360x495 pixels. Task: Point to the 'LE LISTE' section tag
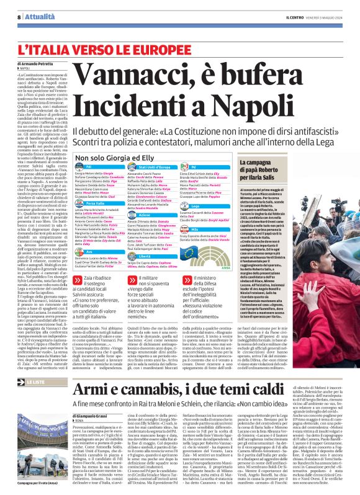(x=30, y=383)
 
